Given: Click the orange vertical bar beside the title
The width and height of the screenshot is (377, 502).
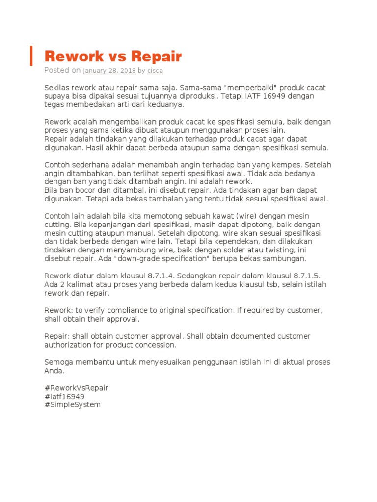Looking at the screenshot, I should tap(31, 55).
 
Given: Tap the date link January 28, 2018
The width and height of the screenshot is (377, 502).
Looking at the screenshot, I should tap(109, 71).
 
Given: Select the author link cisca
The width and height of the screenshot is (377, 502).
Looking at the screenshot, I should tap(155, 71).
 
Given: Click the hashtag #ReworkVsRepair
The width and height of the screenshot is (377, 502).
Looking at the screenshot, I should tap(76, 388).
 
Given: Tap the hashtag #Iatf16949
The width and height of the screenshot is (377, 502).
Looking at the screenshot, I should tap(64, 396).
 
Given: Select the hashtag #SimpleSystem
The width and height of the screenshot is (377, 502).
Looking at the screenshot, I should tap(72, 405).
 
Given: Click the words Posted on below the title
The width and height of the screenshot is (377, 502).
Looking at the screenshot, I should tap(62, 70).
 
